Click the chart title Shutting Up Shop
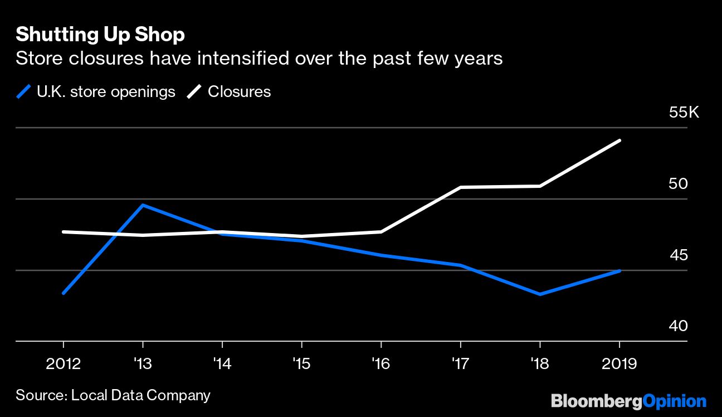[100, 35]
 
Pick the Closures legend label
[239, 92]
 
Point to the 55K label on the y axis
[684, 113]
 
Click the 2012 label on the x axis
[63, 364]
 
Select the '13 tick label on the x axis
[143, 364]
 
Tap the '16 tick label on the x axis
[381, 364]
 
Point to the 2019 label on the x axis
[619, 364]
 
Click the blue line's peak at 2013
[143, 205]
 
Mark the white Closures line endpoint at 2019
[619, 140]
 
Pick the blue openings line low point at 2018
[540, 294]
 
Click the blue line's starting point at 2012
[64, 293]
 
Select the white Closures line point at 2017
[461, 187]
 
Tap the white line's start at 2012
[64, 231]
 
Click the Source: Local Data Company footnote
[113, 396]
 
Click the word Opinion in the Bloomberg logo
[675, 401]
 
